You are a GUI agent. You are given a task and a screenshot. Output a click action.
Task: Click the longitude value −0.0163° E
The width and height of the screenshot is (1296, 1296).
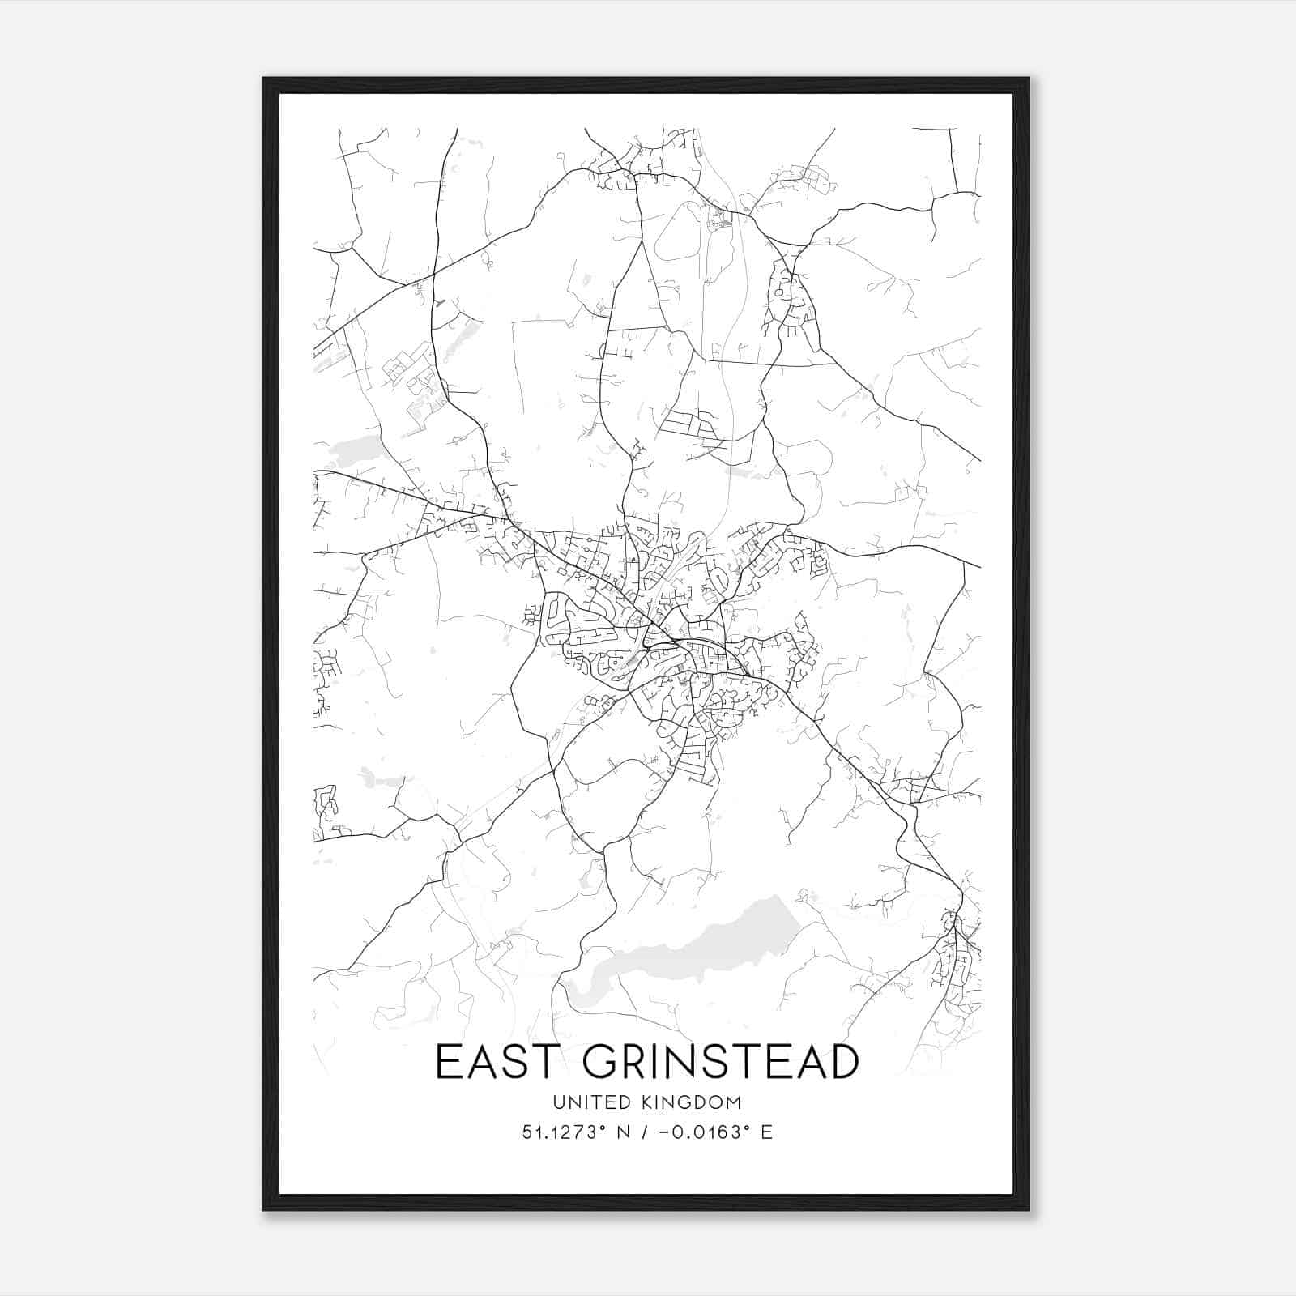(x=713, y=1132)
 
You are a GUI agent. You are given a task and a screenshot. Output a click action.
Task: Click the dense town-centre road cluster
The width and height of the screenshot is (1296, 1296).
(x=680, y=648)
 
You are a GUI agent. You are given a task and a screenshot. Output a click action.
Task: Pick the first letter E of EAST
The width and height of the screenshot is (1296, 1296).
(x=447, y=1062)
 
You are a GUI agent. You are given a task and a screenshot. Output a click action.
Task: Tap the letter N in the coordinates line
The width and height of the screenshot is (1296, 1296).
(x=623, y=1132)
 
